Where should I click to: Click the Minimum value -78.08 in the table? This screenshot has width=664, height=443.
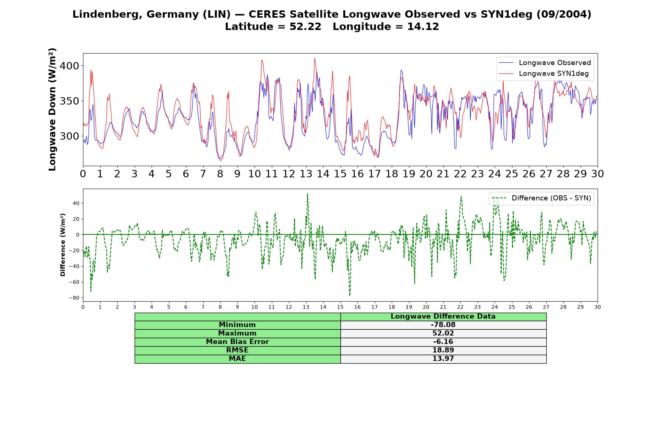point(443,325)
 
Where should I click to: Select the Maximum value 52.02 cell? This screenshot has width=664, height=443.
point(443,333)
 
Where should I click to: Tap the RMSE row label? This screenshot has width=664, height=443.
point(237,350)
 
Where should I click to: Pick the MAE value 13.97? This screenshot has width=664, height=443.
point(443,358)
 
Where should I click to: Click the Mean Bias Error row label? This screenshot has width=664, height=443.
point(237,341)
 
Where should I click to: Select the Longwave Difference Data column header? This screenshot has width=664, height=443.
point(443,316)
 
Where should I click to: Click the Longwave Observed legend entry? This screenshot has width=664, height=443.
point(545,63)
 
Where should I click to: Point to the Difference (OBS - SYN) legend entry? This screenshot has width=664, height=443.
point(542,198)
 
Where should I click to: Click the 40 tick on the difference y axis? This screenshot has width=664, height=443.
point(76,203)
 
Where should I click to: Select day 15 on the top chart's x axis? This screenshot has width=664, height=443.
point(340,174)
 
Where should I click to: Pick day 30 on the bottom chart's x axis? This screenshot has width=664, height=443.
point(598,307)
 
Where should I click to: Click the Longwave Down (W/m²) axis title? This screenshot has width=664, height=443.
point(52,109)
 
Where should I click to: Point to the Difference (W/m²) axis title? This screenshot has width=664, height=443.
point(63,245)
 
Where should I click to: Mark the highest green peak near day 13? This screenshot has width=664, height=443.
point(307,193)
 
